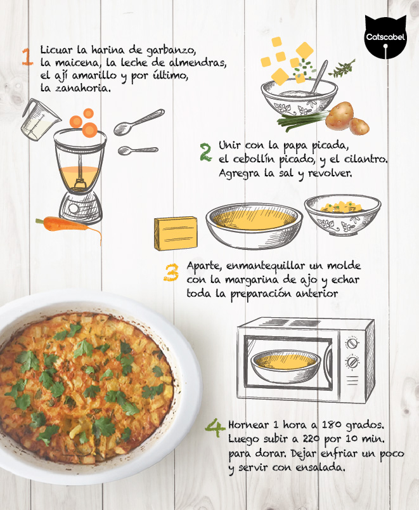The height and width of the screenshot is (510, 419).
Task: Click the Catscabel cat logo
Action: tap(385, 37)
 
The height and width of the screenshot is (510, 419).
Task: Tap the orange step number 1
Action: tap(27, 56)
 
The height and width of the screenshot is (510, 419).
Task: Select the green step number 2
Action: tap(205, 152)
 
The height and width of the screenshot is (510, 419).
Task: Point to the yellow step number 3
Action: tap(171, 272)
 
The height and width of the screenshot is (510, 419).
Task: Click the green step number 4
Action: tap(215, 429)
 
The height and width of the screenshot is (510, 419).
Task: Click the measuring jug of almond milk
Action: tap(40, 120)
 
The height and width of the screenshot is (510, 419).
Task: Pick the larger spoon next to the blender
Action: tap(139, 122)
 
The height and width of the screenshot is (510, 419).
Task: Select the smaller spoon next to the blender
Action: tap(138, 150)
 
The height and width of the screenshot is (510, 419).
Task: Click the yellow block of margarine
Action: tap(176, 233)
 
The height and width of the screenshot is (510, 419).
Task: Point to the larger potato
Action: tap(339, 116)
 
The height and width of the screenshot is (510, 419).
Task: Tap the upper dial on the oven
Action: tap(352, 343)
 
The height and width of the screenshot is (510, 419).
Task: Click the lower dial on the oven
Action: tap(352, 362)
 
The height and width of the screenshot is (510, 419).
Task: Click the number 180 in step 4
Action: tap(332, 425)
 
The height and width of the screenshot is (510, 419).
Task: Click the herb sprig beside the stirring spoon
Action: tap(342, 69)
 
